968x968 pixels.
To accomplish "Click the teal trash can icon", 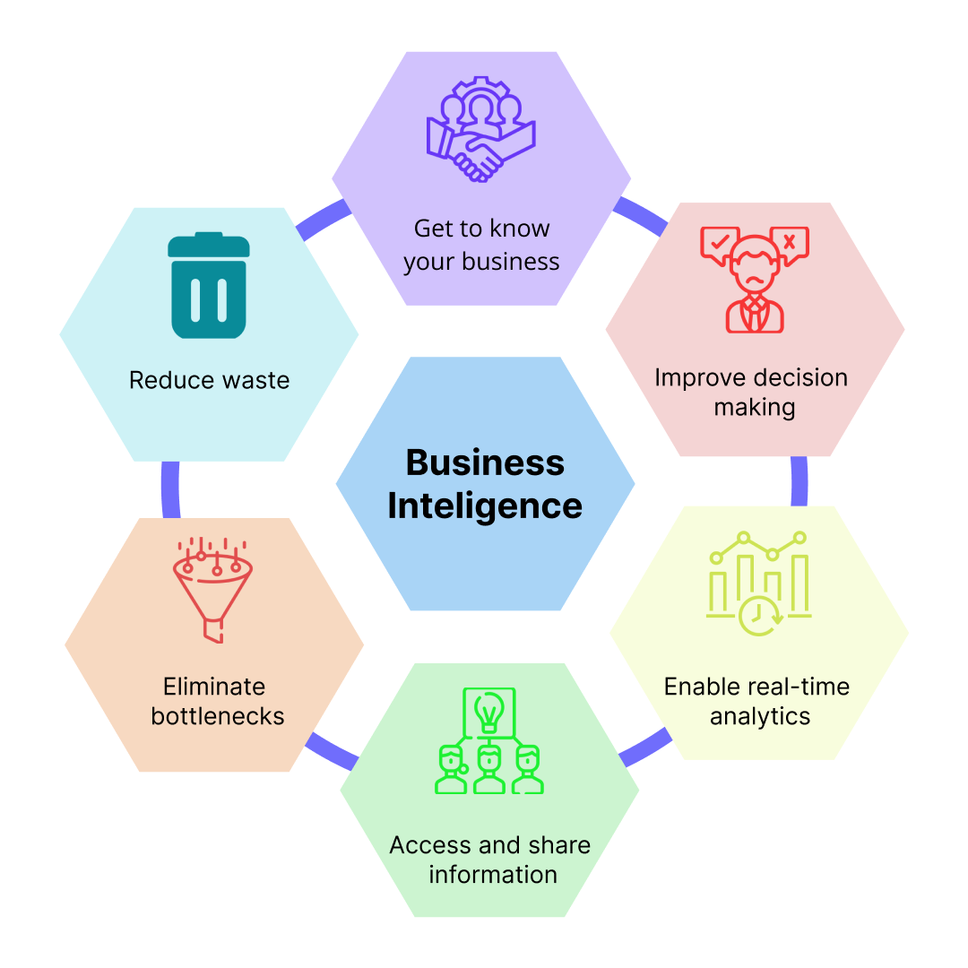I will [x=209, y=286].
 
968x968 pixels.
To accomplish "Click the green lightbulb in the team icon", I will [x=488, y=713].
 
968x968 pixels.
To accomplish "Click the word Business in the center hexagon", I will [x=485, y=462].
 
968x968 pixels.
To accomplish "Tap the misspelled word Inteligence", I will [x=485, y=506].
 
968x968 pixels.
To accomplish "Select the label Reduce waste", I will [x=209, y=380].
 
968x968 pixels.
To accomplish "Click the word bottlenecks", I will [x=218, y=716].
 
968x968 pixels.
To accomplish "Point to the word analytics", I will [x=760, y=717].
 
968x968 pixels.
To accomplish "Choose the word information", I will [x=492, y=874].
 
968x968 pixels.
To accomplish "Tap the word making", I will [x=754, y=407].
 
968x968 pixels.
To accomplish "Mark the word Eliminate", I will [x=214, y=687].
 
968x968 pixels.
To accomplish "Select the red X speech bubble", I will [x=790, y=242].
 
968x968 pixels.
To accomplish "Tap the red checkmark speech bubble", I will [x=719, y=242].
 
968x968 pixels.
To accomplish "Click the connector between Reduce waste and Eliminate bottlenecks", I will [x=170, y=489].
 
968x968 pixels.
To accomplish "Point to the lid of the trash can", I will [x=209, y=244].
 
